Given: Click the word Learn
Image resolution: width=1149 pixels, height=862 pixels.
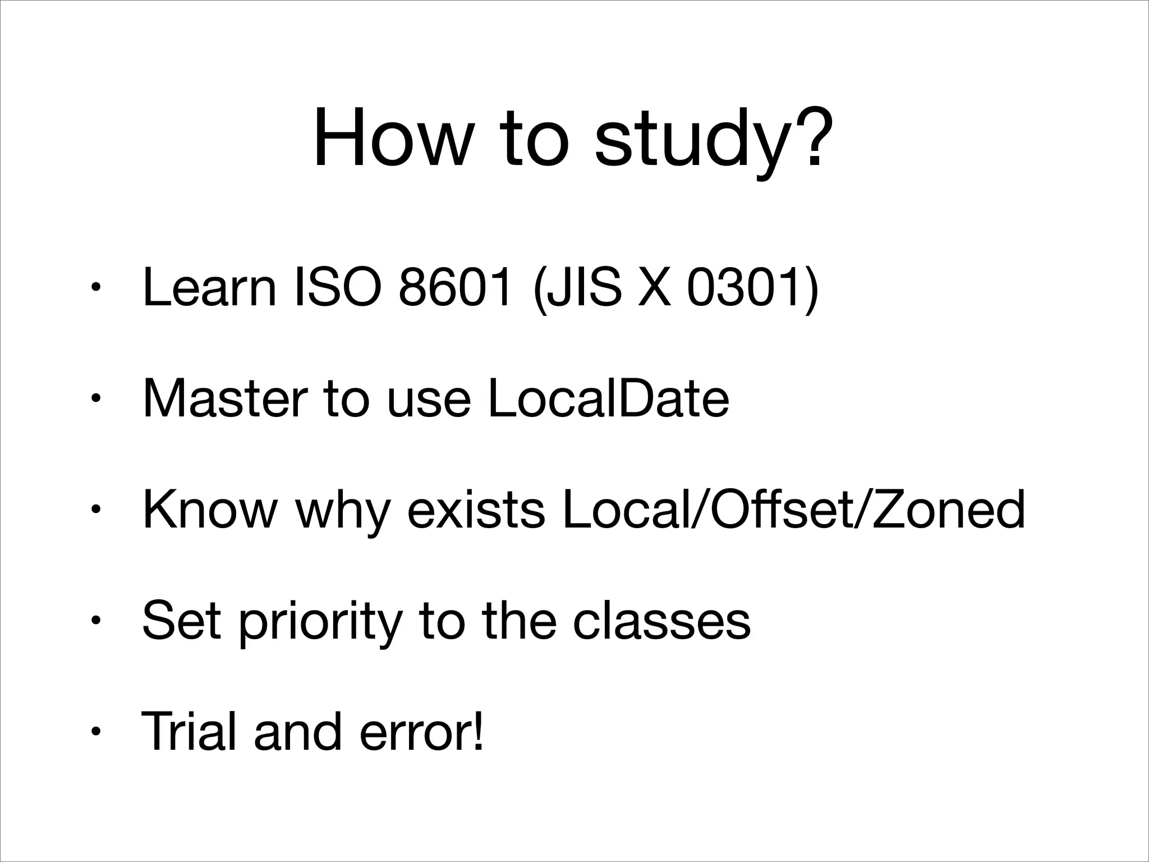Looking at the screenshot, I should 209,288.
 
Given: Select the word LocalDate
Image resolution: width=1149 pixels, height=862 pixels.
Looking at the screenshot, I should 609,398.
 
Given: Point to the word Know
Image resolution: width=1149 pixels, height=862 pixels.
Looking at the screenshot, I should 210,510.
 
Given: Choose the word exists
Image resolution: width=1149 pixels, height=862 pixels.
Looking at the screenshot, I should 476,510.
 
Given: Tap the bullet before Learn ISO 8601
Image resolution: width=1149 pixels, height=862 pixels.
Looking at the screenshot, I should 96,288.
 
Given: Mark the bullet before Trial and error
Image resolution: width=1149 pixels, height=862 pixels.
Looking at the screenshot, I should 96,732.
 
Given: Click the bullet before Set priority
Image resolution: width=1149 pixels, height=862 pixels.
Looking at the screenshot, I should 96,621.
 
